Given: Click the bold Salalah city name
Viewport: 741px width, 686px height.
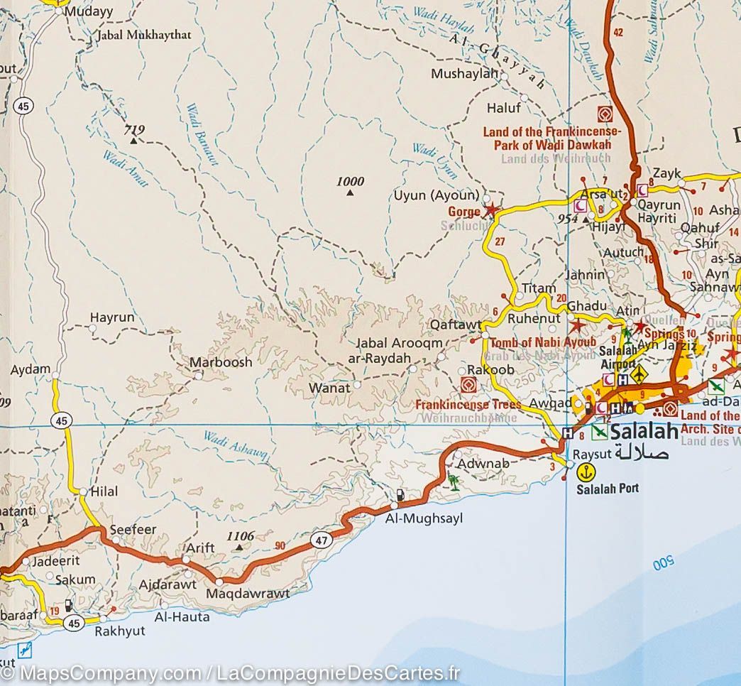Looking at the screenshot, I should coord(644,431).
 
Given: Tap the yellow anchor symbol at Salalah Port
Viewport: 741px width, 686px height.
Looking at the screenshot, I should coord(586,471).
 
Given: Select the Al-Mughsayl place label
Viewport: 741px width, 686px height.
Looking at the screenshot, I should coord(423,519).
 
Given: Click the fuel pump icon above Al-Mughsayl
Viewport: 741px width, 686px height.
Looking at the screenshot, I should coord(402,494).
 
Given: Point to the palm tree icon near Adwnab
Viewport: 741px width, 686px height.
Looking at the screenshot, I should coord(453,483).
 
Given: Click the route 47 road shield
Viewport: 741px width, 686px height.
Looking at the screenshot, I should coord(322,540).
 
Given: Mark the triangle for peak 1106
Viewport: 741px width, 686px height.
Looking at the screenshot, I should coord(239,548).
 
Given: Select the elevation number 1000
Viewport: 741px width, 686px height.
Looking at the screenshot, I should coord(350,182).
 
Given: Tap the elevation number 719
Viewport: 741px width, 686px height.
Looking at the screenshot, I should coord(133,129).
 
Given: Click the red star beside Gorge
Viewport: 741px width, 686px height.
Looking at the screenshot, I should coord(490,210).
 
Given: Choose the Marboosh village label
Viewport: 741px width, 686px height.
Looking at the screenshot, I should coord(221,362).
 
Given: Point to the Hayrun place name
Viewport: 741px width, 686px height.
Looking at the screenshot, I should coord(112,318).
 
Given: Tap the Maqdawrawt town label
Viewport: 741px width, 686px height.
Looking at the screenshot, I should coord(248,593).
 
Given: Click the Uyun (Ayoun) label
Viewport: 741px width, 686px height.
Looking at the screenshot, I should coord(437,195).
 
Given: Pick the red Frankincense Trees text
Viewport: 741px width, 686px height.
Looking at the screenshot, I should coord(468,405).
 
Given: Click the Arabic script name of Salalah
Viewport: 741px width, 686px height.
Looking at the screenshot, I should coord(642,452).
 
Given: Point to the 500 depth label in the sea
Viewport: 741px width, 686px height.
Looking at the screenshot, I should coord(662,565).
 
